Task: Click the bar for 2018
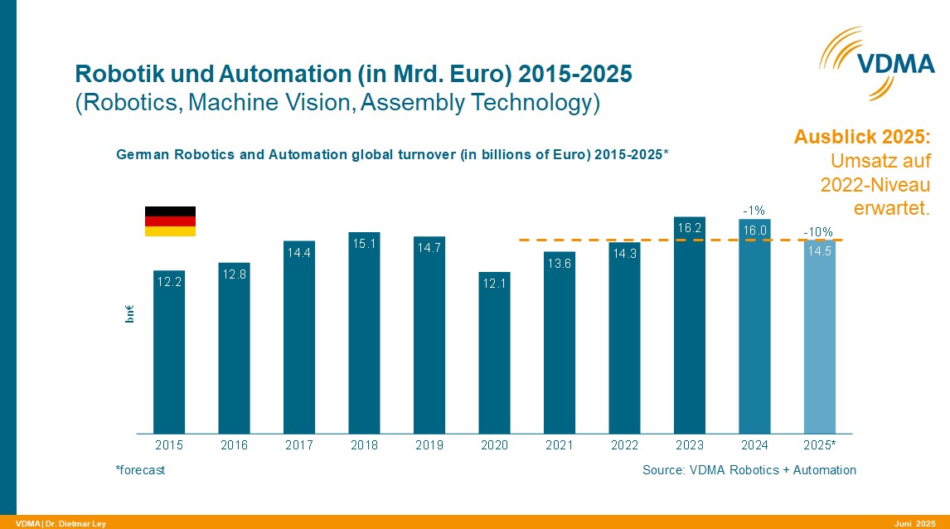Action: pyautogui.click(x=364, y=332)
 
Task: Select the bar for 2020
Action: pyautogui.click(x=494, y=352)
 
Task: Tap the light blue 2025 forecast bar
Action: pyautogui.click(x=819, y=336)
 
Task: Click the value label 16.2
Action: pyautogui.click(x=690, y=226)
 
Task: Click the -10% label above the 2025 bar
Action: pyautogui.click(x=819, y=232)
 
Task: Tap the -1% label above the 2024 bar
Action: pyautogui.click(x=754, y=210)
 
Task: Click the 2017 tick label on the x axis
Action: pyautogui.click(x=299, y=445)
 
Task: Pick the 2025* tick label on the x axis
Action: pyautogui.click(x=820, y=445)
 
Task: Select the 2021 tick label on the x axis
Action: pyautogui.click(x=560, y=445)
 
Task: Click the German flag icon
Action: pyautogui.click(x=170, y=221)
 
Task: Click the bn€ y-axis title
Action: pyautogui.click(x=131, y=315)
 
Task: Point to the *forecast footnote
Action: pyautogui.click(x=140, y=470)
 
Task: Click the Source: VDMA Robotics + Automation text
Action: pyautogui.click(x=749, y=470)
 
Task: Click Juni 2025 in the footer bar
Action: pyautogui.click(x=914, y=523)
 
